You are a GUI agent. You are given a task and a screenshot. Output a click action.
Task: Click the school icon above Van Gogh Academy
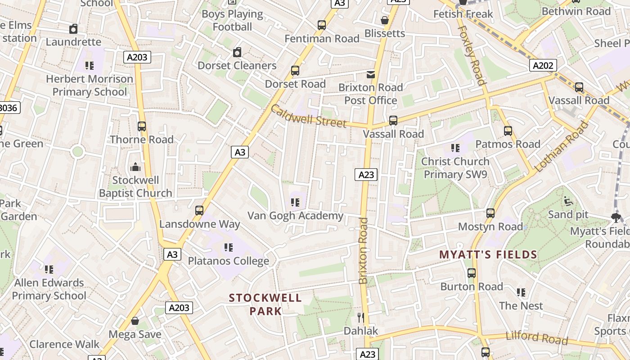(x=295, y=202)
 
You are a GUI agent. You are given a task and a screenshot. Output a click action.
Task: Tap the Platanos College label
(x=228, y=261)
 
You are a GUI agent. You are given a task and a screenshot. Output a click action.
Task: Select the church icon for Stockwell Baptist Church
(x=135, y=167)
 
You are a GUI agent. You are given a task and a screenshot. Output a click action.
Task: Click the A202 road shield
(x=543, y=66)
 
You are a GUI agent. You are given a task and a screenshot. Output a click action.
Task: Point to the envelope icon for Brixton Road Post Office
(x=371, y=74)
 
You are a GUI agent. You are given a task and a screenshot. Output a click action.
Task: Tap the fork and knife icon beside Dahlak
(x=360, y=318)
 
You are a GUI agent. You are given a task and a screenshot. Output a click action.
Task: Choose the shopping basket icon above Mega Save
(x=135, y=321)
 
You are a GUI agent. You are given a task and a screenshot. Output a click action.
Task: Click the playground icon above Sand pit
(x=568, y=201)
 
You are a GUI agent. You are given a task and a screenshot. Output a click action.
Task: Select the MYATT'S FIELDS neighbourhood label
(x=488, y=255)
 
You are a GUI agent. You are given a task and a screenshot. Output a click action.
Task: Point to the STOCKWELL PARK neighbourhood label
(x=265, y=304)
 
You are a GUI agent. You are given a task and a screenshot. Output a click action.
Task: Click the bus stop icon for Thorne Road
(x=142, y=126)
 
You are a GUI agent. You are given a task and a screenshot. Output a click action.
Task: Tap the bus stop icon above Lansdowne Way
(x=199, y=211)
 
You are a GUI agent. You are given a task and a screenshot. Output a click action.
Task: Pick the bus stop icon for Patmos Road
(x=508, y=131)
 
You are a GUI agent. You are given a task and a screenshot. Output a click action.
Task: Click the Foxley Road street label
(x=472, y=55)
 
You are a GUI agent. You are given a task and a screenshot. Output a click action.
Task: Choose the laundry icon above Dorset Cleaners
(x=237, y=52)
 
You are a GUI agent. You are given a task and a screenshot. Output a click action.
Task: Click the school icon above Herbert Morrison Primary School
(x=90, y=66)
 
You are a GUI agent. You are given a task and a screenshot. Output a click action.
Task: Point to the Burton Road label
(x=472, y=287)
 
